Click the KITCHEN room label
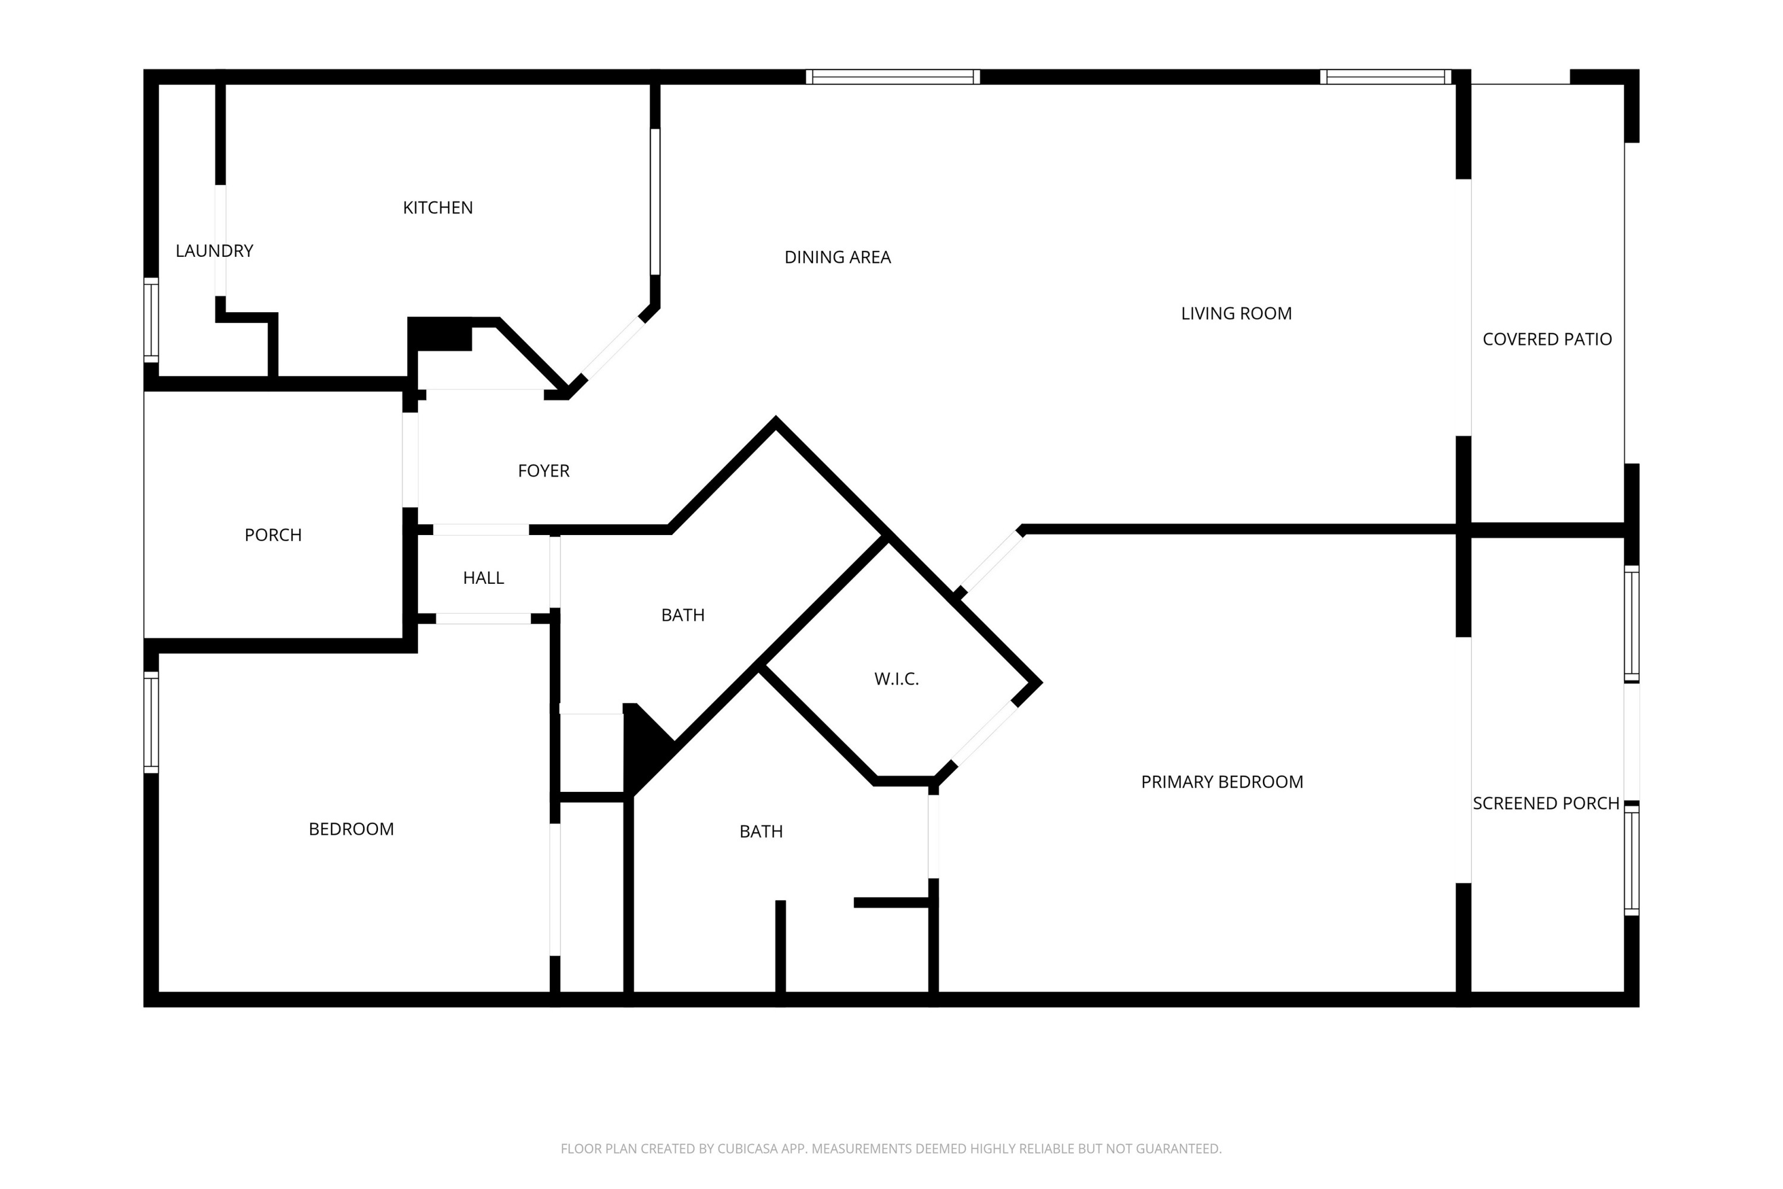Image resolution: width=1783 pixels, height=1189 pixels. point(437,207)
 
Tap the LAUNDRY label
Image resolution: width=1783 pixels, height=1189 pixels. point(214,251)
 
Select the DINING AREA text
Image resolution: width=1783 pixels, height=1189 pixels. point(837,258)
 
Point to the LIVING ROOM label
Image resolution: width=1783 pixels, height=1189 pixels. point(1236,313)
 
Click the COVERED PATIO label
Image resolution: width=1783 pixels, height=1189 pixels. point(1546,339)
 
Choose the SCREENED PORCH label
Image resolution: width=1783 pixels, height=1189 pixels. point(1546,804)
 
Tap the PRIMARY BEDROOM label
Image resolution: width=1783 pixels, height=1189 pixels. point(1221,782)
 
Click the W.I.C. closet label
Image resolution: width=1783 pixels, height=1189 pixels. point(896,680)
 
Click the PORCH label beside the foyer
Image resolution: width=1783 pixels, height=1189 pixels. point(273,536)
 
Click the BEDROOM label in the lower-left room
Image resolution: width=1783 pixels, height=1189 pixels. point(351,829)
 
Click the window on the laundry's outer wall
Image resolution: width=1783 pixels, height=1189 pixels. point(152,319)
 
